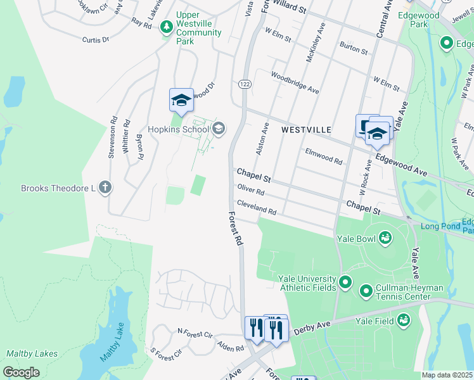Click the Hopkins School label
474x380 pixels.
(x=170, y=130)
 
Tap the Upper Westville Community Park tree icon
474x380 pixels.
(x=167, y=27)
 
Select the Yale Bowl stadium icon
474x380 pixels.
(x=384, y=239)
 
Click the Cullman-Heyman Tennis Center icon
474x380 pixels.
(x=366, y=291)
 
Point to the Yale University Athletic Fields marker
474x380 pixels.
(x=345, y=282)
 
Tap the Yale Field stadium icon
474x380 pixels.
(x=403, y=320)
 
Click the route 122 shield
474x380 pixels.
(x=244, y=84)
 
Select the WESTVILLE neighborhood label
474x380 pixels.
(x=306, y=129)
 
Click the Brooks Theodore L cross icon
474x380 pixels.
(x=105, y=188)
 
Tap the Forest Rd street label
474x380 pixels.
(x=235, y=229)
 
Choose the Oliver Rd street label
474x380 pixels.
(x=250, y=190)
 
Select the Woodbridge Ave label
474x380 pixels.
(x=295, y=82)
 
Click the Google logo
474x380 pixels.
(x=22, y=372)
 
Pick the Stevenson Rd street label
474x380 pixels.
(x=112, y=136)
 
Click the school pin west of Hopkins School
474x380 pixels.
(x=181, y=100)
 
